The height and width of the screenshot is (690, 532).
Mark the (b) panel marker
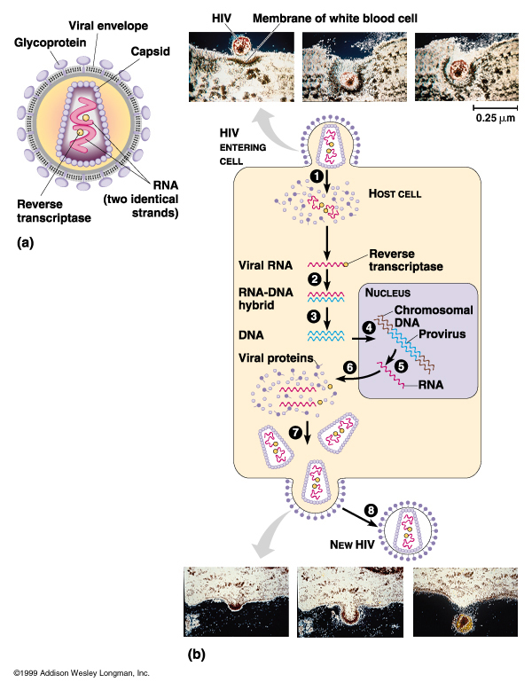[200, 656]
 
